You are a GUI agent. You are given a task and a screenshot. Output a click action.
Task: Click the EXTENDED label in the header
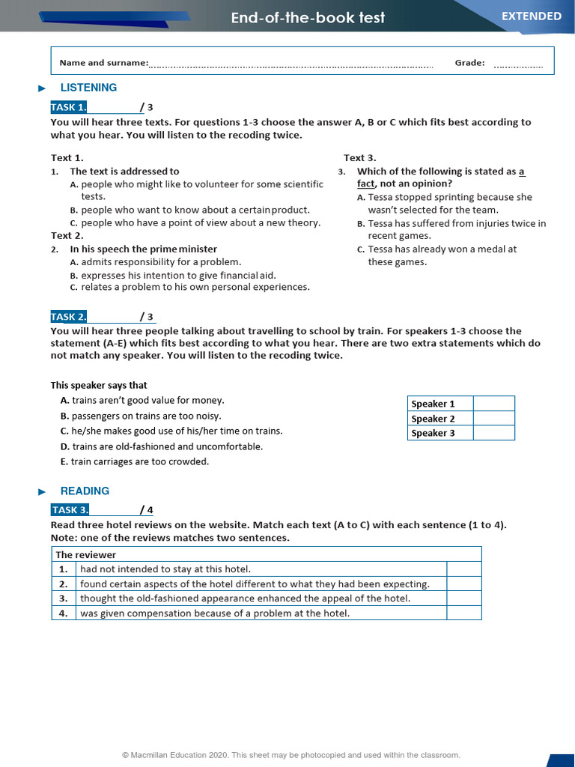pos(532,16)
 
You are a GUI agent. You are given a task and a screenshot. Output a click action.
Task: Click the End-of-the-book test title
pos(308,17)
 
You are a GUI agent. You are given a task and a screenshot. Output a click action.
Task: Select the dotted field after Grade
pos(518,64)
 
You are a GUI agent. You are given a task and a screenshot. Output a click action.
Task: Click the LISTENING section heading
pos(88,88)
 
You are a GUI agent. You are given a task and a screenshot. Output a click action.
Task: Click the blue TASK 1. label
pos(69,107)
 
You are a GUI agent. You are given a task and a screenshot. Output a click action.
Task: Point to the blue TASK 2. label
pos(69,317)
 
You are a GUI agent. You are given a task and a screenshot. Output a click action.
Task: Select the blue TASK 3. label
pos(70,510)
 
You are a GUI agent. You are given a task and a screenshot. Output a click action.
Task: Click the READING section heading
pos(85,491)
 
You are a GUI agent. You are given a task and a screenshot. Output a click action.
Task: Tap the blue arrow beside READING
pos(42,492)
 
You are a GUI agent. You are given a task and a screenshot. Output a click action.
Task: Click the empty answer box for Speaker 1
pos(493,404)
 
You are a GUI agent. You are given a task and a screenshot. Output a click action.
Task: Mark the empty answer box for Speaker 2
pos(493,419)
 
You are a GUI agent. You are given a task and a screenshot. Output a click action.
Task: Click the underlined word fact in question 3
pos(365,184)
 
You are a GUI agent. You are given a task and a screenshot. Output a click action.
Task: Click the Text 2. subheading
pos(67,235)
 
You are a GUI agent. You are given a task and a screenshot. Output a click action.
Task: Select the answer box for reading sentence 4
pos(463,613)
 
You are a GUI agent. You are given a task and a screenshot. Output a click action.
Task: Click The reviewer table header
pos(86,555)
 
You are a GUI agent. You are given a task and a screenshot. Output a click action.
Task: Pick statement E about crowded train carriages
pos(135,461)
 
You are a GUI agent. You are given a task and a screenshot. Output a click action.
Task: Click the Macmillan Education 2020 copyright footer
pos(291,755)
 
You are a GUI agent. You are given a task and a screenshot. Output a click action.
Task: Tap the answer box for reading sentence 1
pos(463,569)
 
